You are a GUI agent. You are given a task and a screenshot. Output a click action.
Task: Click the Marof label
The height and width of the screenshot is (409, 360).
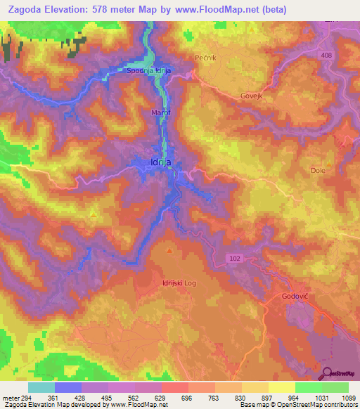161,112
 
